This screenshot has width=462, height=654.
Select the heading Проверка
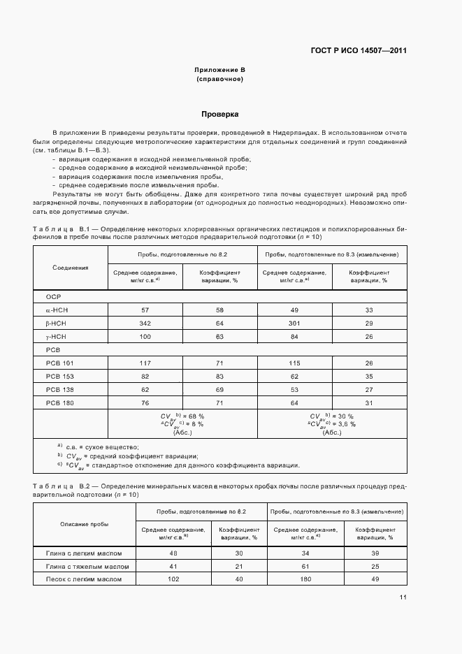point(220,114)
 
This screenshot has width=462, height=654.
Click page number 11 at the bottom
point(403,597)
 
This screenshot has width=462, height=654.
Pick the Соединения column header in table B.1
point(71,268)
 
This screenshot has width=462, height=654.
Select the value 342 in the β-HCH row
point(145,323)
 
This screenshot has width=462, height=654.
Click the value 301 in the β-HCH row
point(294,323)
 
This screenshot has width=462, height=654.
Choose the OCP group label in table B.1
point(54,296)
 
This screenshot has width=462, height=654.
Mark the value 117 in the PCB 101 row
point(145,363)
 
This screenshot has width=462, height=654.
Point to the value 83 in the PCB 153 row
point(219,376)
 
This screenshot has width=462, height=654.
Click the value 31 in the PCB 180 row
point(369,402)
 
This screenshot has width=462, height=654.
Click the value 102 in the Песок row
point(173,579)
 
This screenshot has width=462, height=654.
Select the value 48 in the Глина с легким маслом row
point(173,553)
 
